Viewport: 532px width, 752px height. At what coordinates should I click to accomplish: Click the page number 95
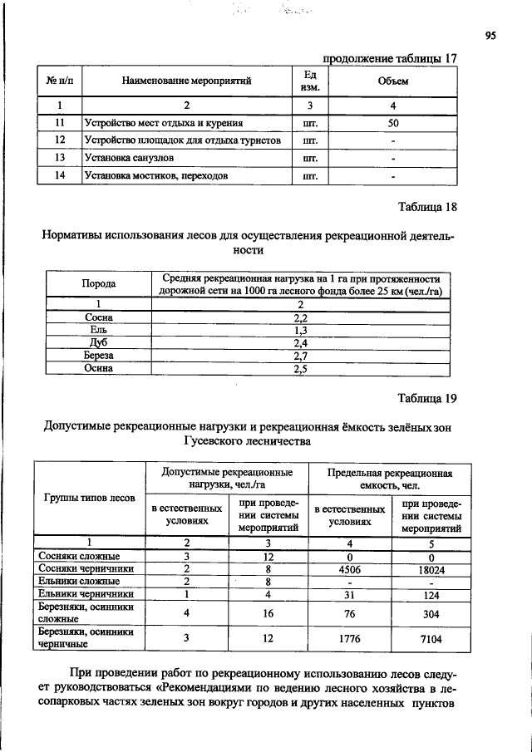(491, 35)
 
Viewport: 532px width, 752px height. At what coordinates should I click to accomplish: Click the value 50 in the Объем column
(393, 123)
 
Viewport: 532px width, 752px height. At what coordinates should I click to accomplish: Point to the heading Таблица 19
(426, 398)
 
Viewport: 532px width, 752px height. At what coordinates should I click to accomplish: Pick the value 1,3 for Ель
(301, 330)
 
